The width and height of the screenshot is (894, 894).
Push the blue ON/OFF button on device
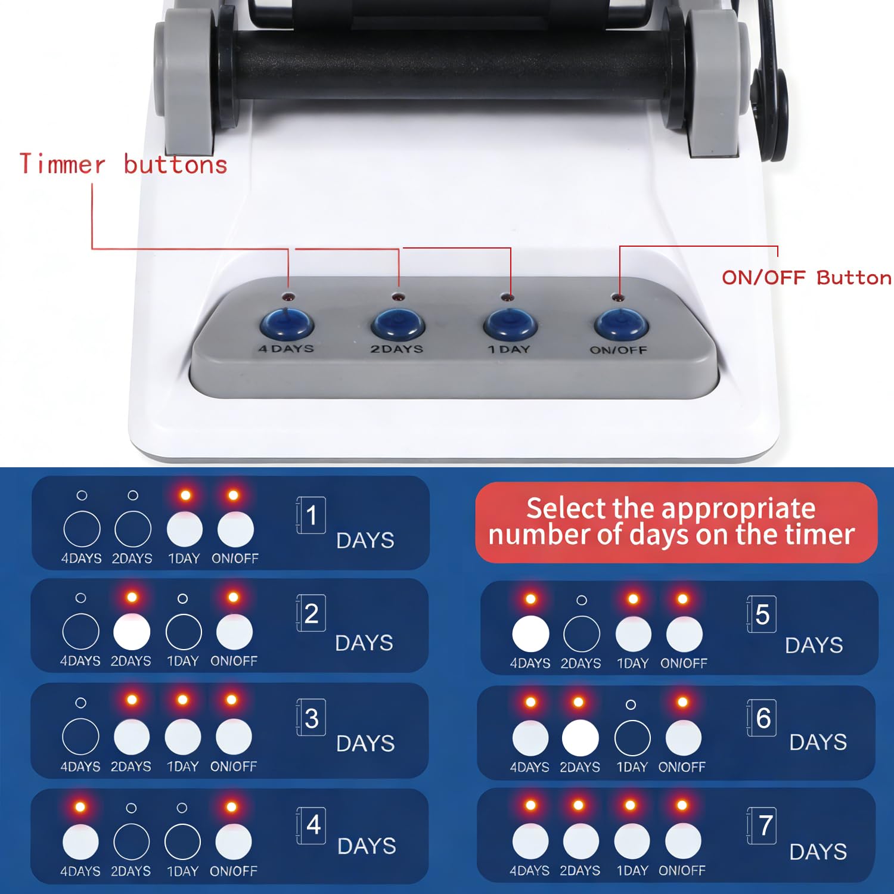[x=621, y=325]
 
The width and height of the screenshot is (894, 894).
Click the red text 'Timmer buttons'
[x=123, y=164]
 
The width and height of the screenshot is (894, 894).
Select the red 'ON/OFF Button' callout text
[x=806, y=278]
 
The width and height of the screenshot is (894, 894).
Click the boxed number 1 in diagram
[x=311, y=515]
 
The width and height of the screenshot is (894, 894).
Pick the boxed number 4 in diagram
[x=312, y=825]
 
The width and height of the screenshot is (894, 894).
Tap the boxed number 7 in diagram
[x=763, y=825]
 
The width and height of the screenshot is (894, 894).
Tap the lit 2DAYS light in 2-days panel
[x=132, y=632]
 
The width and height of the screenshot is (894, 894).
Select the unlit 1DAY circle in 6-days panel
[x=632, y=738]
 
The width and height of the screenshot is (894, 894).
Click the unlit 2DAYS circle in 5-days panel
[x=581, y=634]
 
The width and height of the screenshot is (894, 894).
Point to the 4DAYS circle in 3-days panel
[x=80, y=737]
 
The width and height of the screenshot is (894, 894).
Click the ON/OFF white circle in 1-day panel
[x=235, y=529]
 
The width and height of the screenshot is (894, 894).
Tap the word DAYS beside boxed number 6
[x=818, y=743]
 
